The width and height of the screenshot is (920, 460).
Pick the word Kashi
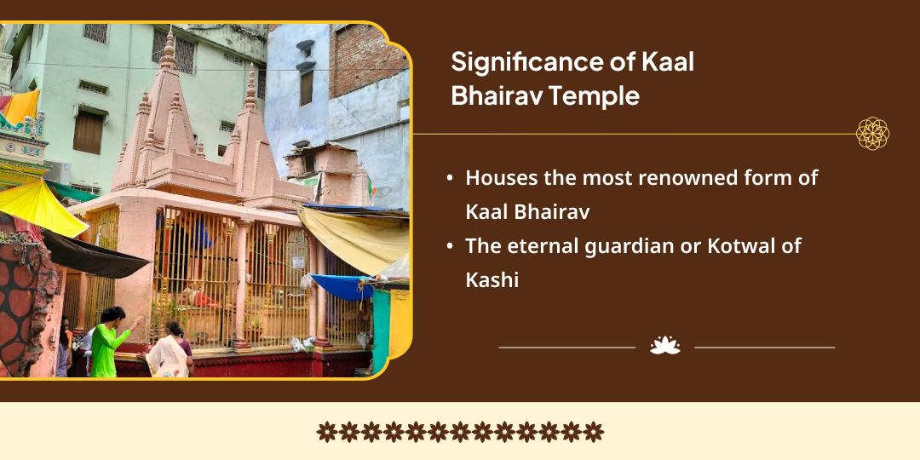492,280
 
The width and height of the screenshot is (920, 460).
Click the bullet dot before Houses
449,179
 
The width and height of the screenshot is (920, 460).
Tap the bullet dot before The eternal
449,247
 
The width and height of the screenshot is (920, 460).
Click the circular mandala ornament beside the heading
872,134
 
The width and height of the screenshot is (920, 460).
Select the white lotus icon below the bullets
664,346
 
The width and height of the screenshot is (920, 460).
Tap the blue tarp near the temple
341,285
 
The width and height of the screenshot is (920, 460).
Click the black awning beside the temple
94,256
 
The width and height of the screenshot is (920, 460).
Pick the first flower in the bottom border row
326,432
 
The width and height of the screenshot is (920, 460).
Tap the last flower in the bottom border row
594,432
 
